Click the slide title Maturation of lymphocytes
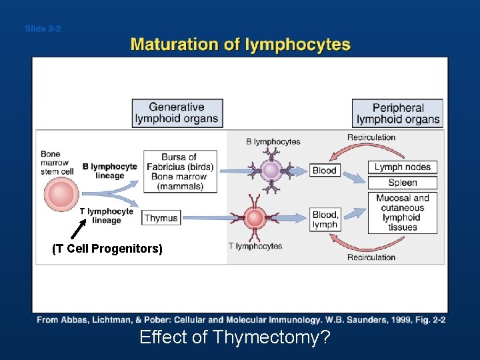point(240,45)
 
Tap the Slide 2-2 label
point(43,29)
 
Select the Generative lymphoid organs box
point(177,113)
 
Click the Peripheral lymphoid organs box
point(398,113)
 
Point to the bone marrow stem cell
point(61,195)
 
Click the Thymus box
point(161,218)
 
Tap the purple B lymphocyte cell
point(271,170)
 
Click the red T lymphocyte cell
point(255,217)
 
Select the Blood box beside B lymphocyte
point(325,170)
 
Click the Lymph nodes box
point(402,167)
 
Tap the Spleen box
point(402,183)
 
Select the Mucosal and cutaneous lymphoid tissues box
point(402,213)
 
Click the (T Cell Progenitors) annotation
point(107,249)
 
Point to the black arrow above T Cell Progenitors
point(79,229)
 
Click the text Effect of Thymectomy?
point(235,337)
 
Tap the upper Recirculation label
point(371,137)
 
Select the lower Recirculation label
point(371,257)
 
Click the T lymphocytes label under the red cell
point(255,246)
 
